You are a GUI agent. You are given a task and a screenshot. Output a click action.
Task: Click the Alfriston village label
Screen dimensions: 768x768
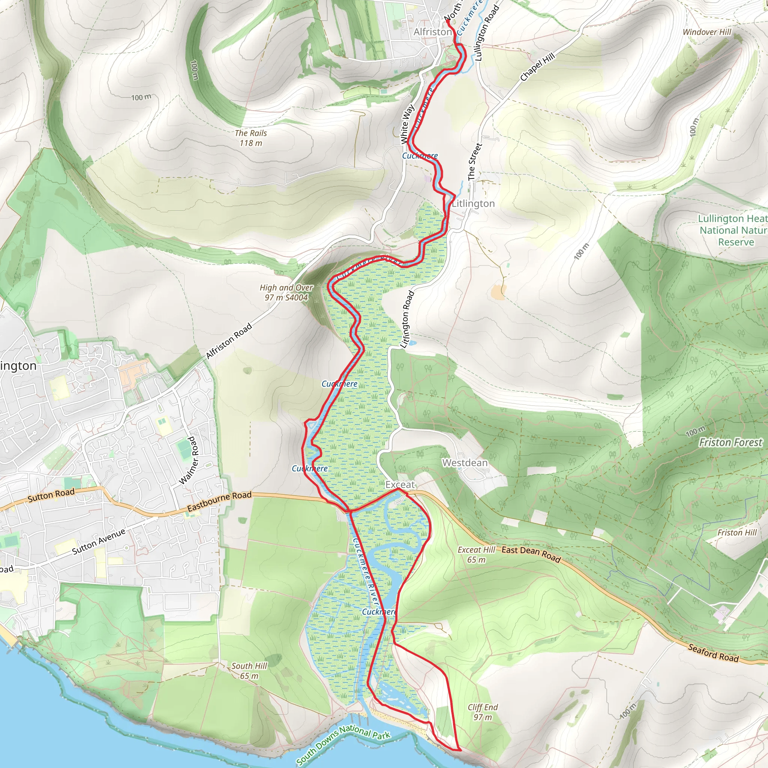click(432, 32)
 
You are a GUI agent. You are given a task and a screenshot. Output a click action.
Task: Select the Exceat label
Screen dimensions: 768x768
click(400, 484)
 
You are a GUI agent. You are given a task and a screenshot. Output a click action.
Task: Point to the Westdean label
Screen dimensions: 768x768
click(465, 463)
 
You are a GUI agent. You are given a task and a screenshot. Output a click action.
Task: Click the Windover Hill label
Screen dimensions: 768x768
click(707, 32)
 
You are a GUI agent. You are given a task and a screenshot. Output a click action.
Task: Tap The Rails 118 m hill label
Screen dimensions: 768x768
click(251, 138)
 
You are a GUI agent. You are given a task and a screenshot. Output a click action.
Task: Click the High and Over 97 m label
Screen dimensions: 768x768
click(286, 292)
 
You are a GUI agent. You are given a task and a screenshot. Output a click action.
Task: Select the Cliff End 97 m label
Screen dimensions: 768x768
click(483, 712)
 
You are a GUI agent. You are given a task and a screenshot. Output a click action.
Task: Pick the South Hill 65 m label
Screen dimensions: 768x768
click(249, 670)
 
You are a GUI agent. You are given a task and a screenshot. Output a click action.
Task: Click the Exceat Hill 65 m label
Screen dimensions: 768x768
click(476, 555)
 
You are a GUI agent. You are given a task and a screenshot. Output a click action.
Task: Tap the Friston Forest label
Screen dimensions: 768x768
click(730, 442)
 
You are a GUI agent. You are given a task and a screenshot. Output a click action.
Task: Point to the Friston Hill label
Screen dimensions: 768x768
click(737, 532)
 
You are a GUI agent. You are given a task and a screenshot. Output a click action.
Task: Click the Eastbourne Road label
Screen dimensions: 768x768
click(219, 502)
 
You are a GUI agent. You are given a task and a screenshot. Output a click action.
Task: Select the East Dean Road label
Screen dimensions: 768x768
click(531, 555)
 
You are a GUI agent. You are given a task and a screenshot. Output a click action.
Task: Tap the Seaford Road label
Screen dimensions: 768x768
click(713, 653)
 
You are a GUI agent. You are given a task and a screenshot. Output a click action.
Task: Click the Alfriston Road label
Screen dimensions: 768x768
click(229, 340)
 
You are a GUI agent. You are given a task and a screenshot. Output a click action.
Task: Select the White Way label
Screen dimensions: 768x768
click(408, 124)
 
